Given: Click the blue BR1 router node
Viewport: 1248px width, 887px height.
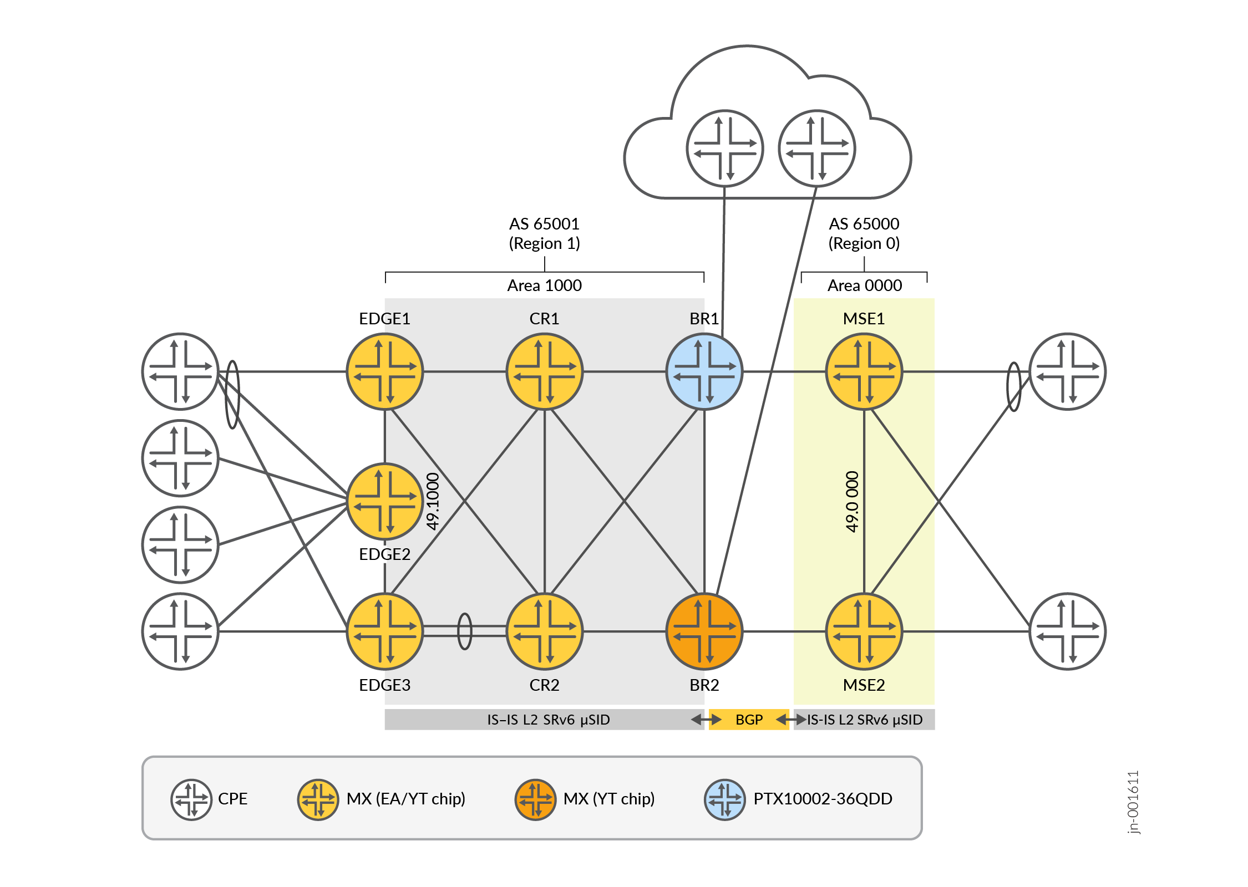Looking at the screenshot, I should pos(704,371).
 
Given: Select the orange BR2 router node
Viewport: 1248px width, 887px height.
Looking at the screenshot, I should pos(704,631).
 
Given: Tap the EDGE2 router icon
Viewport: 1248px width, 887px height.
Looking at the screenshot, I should pos(384,501).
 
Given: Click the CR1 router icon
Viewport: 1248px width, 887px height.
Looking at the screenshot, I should pos(544,371).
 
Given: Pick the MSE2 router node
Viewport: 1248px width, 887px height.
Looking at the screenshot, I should pos(864,631).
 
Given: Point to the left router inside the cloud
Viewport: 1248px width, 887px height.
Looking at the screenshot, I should pos(724,149).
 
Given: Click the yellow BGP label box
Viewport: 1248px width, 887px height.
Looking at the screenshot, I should pos(749,720).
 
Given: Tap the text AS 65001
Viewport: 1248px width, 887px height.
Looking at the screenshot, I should pos(544,224).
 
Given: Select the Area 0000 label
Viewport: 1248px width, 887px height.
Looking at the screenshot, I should pos(864,286).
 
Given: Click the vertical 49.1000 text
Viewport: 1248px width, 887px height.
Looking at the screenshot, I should pos(433,501).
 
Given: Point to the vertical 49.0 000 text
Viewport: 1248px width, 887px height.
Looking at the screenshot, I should pos(852,501).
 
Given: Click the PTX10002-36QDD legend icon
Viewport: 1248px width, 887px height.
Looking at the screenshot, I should pos(724,799).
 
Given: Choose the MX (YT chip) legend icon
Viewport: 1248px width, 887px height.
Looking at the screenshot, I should pos(535,799).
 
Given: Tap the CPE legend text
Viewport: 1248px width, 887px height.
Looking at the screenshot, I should pos(232,799).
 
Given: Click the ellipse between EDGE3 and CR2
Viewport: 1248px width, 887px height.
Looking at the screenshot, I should pos(465,631).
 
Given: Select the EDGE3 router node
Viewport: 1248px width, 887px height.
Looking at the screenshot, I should pos(384,631).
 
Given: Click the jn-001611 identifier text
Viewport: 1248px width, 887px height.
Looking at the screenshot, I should pos(1133,802).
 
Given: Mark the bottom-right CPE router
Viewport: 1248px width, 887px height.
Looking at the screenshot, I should pos(1067,631).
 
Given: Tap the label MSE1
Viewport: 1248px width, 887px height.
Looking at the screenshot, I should pos(864,319).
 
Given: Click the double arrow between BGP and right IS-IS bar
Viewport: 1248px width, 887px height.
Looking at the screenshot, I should pos(791,720).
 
